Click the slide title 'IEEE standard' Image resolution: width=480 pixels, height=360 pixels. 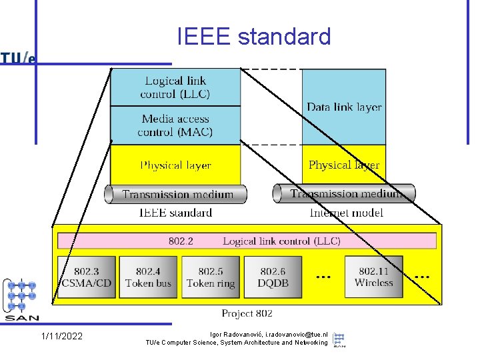pyautogui.click(x=254, y=37)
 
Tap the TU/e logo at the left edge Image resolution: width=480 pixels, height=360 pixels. pyautogui.click(x=18, y=59)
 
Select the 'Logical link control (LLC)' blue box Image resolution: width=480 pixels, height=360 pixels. pyautogui.click(x=175, y=87)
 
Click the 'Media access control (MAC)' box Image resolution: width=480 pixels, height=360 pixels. pyautogui.click(x=175, y=125)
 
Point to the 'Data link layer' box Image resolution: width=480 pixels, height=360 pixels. pyautogui.click(x=344, y=107)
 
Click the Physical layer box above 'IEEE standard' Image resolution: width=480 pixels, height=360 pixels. pyautogui.click(x=175, y=165)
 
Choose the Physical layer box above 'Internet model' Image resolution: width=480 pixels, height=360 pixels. pyautogui.click(x=344, y=164)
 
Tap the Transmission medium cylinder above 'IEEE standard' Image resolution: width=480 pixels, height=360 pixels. pyautogui.click(x=176, y=195)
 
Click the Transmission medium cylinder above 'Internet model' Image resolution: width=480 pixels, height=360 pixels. pyautogui.click(x=344, y=194)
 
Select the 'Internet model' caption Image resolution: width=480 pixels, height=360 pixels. pyautogui.click(x=346, y=213)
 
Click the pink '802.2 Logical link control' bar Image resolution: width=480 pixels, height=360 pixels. pyautogui.click(x=247, y=241)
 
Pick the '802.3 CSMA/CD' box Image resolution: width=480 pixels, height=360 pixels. pyautogui.click(x=86, y=277)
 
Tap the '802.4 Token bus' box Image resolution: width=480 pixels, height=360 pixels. pyautogui.click(x=148, y=277)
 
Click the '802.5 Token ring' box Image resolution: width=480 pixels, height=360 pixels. pyautogui.click(x=210, y=277)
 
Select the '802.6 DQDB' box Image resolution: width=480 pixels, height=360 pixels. pyautogui.click(x=273, y=277)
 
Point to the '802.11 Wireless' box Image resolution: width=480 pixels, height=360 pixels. pyautogui.click(x=373, y=277)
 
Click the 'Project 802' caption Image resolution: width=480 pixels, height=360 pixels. pyautogui.click(x=247, y=313)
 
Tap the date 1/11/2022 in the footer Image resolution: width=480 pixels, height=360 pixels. pyautogui.click(x=62, y=336)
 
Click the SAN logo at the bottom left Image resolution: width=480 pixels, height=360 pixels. pyautogui.click(x=21, y=300)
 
